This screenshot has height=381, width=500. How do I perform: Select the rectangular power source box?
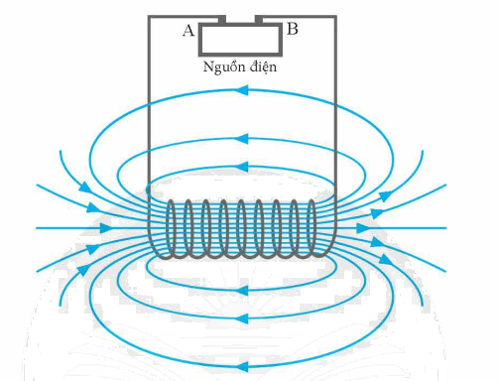pos(239,40)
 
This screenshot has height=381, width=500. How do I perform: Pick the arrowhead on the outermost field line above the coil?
pos(241,90)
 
